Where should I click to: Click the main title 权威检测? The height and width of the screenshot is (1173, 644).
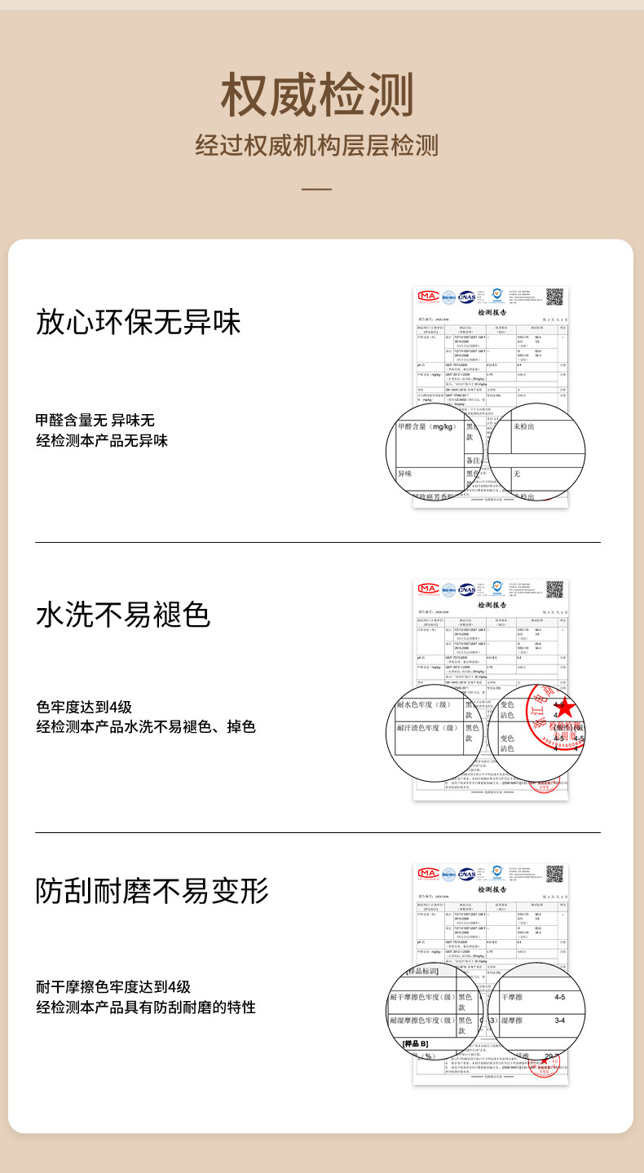click(x=317, y=95)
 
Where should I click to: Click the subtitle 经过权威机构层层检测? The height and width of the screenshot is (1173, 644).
click(x=317, y=146)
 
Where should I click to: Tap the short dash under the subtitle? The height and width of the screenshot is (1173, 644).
click(x=317, y=189)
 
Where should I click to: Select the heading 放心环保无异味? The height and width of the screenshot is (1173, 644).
click(x=139, y=321)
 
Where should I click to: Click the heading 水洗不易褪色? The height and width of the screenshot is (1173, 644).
click(x=123, y=614)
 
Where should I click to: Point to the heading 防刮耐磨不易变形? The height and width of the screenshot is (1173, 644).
click(x=152, y=890)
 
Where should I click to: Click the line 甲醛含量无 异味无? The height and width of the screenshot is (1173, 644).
click(x=95, y=421)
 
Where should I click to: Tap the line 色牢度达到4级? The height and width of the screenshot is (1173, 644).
click(x=84, y=707)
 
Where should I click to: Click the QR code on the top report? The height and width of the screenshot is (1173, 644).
click(x=554, y=297)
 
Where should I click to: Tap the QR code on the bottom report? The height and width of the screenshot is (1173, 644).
click(x=554, y=875)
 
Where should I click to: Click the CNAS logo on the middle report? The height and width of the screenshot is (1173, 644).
click(x=466, y=589)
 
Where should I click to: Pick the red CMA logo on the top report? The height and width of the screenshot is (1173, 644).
click(x=428, y=297)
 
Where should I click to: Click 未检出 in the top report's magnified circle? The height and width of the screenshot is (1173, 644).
click(x=524, y=427)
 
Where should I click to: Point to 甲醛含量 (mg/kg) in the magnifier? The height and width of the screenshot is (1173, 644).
click(x=426, y=427)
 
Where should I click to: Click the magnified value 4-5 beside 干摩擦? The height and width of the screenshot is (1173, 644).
click(x=559, y=998)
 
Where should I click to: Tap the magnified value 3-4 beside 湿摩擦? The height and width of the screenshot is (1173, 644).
click(x=559, y=1021)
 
